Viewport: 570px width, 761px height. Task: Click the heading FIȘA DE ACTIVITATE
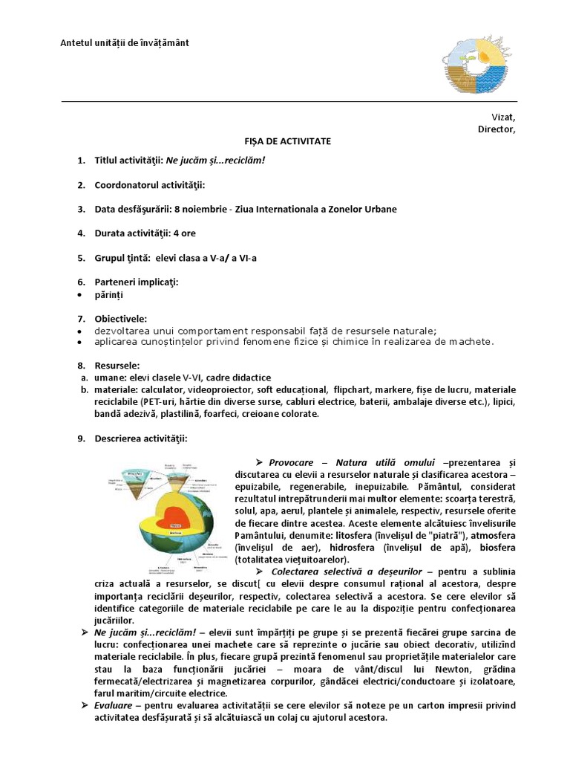[x=288, y=140]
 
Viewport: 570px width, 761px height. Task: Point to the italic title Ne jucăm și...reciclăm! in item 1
[x=215, y=161]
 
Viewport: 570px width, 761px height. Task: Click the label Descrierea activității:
[x=141, y=438]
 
